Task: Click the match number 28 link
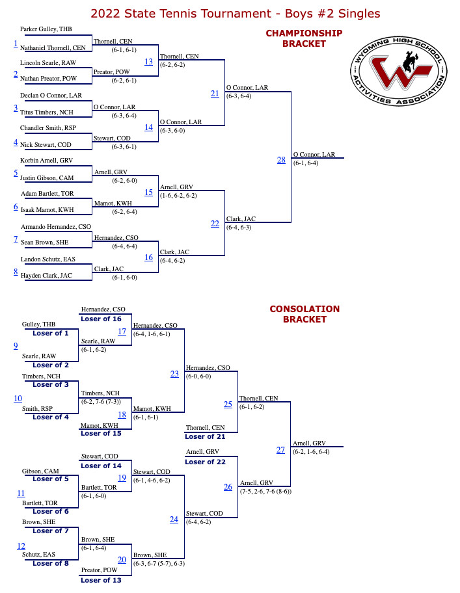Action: (281, 160)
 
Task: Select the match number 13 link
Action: (148, 62)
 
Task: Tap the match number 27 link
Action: (280, 450)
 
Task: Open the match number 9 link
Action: (16, 346)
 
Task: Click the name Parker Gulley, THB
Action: (46, 29)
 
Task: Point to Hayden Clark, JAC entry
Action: (46, 276)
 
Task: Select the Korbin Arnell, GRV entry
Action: (46, 161)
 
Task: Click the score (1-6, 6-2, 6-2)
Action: (178, 196)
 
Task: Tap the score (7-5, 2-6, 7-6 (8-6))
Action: (265, 492)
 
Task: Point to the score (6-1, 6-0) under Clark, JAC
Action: (124, 278)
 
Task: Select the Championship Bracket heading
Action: (304, 38)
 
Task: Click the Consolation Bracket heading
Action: (304, 314)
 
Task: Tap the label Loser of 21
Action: (205, 437)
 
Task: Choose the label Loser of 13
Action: (101, 581)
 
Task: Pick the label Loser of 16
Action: (101, 319)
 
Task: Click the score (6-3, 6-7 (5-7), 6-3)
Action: (159, 564)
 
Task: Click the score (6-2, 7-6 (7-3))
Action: (101, 402)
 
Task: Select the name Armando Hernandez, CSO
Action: (56, 227)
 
